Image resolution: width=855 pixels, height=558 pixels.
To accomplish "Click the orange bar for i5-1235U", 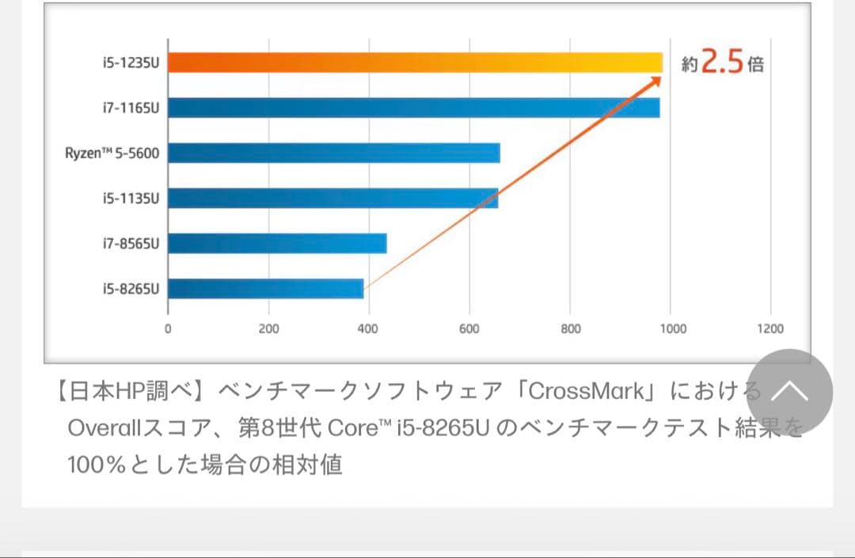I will [415, 63].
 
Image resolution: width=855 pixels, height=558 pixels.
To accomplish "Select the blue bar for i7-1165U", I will [413, 108].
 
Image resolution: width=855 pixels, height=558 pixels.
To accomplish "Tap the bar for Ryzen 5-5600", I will [333, 153].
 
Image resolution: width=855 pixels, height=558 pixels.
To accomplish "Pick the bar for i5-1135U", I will [332, 198].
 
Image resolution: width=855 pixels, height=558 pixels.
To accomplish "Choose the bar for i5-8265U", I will [265, 288].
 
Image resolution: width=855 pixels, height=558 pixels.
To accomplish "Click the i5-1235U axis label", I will [131, 63].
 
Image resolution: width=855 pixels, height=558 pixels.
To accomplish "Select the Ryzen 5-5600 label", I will [112, 153].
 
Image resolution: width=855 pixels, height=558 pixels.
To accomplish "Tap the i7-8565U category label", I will [131, 243].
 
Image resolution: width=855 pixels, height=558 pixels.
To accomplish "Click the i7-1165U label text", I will [131, 108].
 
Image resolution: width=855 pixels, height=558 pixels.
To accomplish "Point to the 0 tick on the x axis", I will [168, 329].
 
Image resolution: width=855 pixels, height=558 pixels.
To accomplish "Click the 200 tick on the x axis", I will [268, 329].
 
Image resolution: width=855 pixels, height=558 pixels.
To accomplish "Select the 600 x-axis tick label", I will [469, 329].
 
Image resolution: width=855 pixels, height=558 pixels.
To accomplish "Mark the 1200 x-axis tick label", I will [770, 329].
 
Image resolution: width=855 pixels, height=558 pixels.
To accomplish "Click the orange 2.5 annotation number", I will [722, 63].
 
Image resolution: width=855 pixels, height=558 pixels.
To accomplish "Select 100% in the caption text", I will [97, 465].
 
